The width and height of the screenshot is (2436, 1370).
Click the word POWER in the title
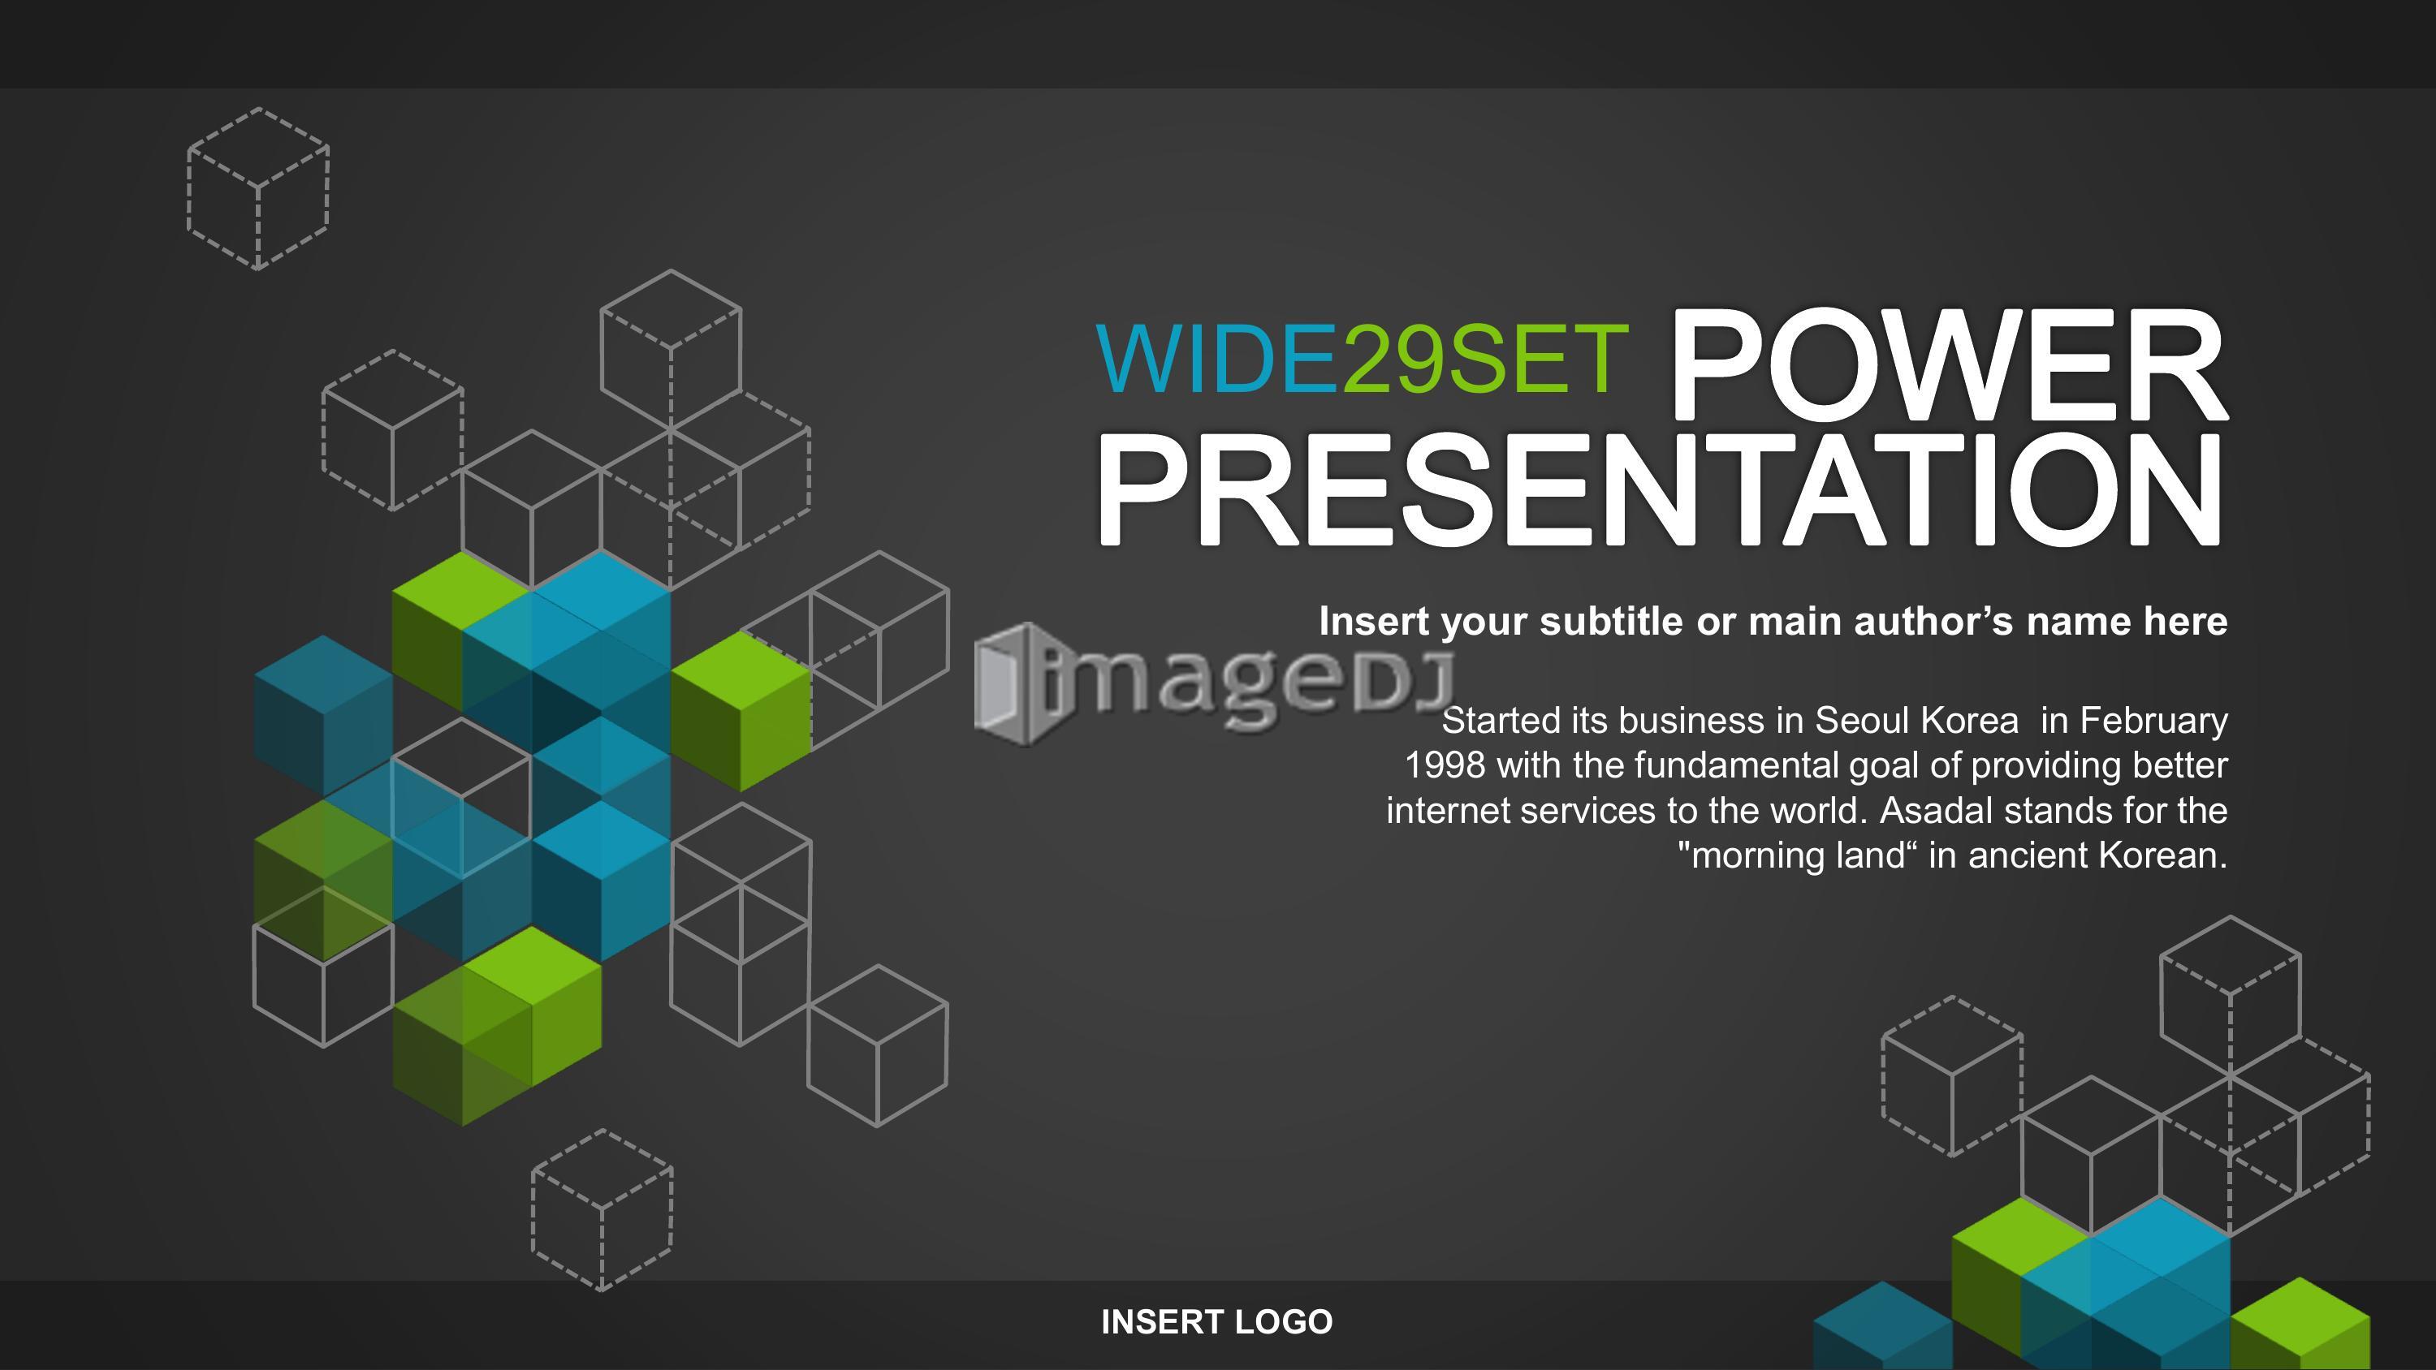[x=1947, y=365]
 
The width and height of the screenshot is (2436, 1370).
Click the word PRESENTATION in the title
[x=1661, y=491]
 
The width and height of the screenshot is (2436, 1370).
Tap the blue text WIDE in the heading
[x=1218, y=360]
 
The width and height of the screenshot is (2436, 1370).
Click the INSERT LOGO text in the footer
[x=1217, y=1322]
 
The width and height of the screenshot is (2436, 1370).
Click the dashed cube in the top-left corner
[x=258, y=189]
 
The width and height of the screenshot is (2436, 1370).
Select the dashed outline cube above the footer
[x=603, y=1210]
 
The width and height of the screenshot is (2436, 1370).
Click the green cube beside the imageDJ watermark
[x=741, y=712]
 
